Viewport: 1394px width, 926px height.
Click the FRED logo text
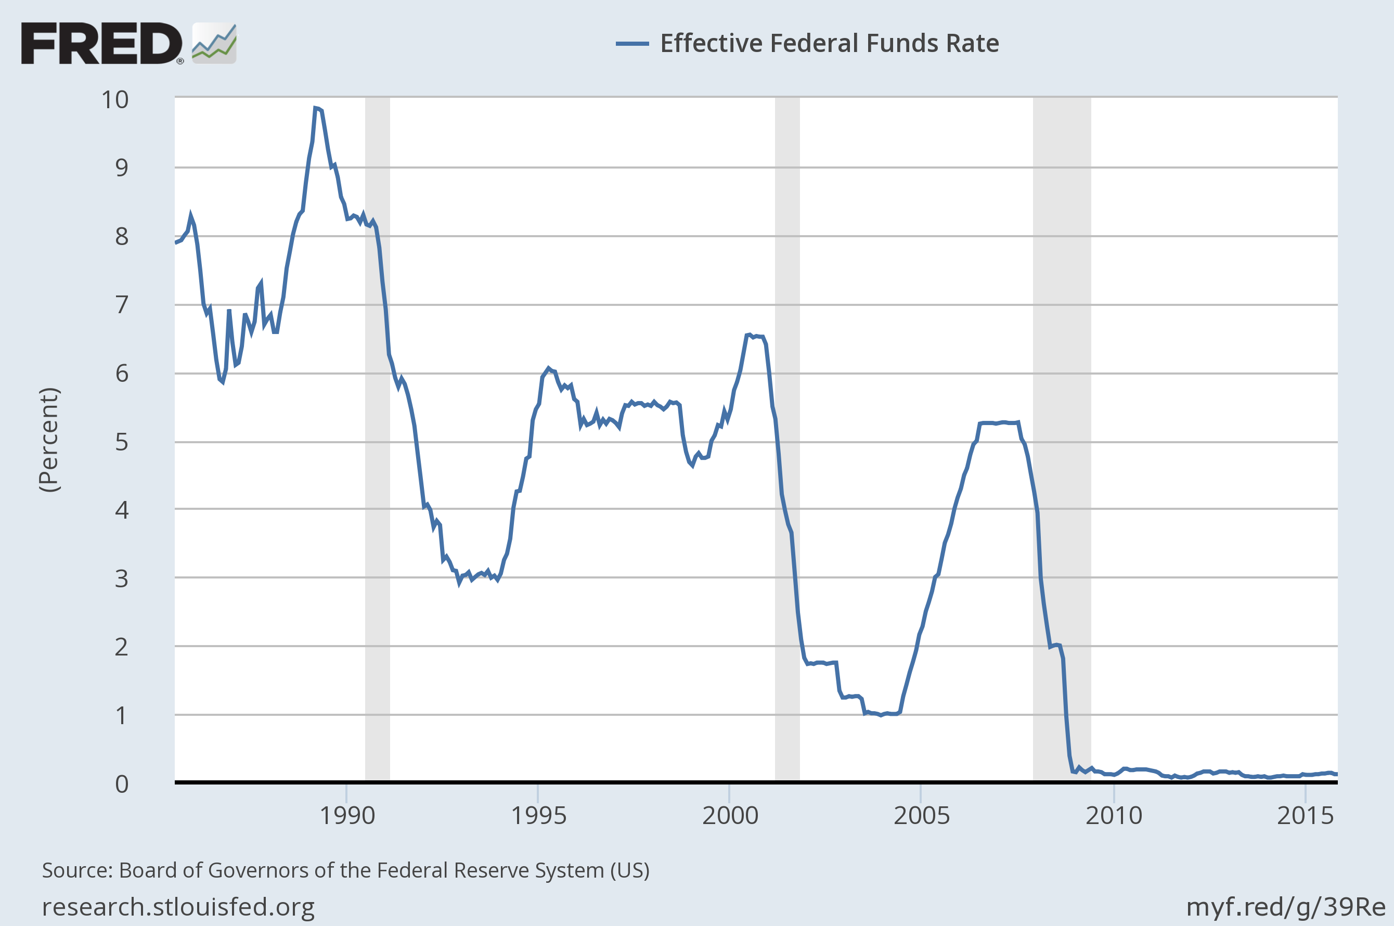coord(101,43)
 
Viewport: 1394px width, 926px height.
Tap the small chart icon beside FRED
coord(214,43)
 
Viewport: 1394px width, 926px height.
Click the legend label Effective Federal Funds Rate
coord(829,43)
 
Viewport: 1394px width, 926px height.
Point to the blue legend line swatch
coord(632,44)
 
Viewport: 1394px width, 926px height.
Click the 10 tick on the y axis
coord(114,100)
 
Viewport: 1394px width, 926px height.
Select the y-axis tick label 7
coord(121,305)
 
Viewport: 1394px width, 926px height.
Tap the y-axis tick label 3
coord(121,578)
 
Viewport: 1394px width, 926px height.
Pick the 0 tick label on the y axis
coord(121,783)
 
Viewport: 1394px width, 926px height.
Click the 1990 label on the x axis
coord(346,816)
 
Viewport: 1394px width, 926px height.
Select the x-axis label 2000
coord(730,816)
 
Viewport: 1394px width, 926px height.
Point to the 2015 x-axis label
coord(1305,816)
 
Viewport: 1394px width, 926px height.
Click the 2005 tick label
coord(921,816)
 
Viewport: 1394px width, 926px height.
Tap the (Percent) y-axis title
coord(49,440)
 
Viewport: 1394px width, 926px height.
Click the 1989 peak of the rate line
coord(316,108)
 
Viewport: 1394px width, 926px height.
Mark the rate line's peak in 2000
coord(748,335)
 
